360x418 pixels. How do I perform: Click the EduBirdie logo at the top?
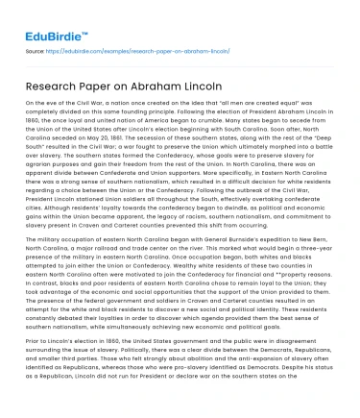click(44, 19)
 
